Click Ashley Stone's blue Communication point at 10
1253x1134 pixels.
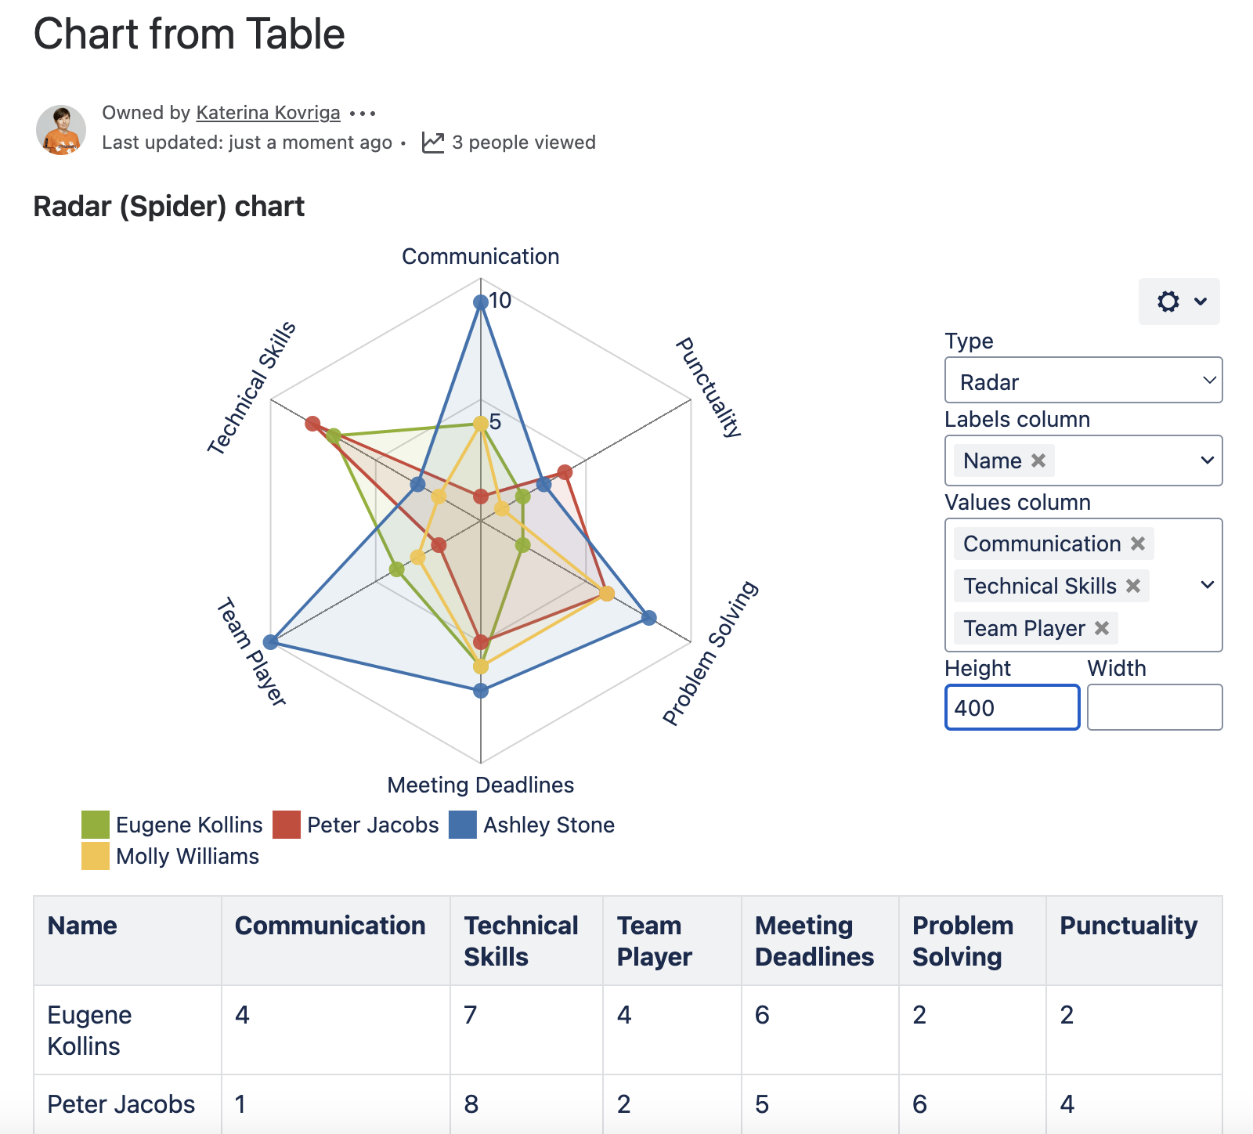(481, 302)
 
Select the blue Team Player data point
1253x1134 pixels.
(271, 642)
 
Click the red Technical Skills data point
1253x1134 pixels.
(313, 424)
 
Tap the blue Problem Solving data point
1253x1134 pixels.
(649, 618)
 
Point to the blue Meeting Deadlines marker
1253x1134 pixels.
(481, 691)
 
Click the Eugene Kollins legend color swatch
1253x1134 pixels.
(96, 825)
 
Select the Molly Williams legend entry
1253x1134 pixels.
(187, 856)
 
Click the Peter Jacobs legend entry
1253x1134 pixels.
(372, 825)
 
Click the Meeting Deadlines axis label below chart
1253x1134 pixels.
(480, 785)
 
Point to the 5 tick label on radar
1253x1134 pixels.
(495, 422)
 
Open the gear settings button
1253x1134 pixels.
(1179, 302)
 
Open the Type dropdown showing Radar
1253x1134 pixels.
(1083, 381)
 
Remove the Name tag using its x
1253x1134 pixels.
(1038, 460)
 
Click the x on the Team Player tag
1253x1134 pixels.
(1102, 628)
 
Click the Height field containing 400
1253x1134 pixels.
(1012, 707)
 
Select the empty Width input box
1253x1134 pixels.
(1154, 707)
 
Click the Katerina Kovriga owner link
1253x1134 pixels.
(268, 113)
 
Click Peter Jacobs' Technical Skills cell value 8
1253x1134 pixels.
(471, 1104)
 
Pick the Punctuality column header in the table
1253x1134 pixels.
(1128, 926)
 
